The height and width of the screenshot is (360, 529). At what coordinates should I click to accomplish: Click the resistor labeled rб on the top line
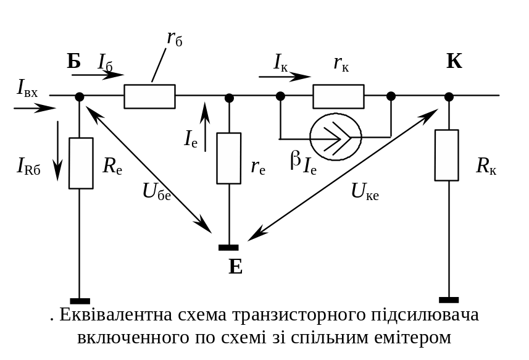(x=149, y=96)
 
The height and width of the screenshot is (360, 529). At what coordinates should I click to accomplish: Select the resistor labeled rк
(x=338, y=96)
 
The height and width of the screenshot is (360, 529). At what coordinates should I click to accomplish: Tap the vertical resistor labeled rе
(x=229, y=158)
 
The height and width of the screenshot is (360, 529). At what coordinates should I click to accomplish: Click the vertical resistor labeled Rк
(x=447, y=155)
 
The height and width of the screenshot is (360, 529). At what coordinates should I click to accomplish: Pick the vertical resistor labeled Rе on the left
(x=81, y=163)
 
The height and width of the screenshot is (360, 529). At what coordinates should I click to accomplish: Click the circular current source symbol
(x=336, y=137)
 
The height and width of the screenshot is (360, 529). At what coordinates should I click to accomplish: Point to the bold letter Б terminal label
(x=74, y=61)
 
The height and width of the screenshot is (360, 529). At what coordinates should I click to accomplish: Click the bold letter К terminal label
(x=454, y=61)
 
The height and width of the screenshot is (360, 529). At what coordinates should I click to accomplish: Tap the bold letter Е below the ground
(x=235, y=267)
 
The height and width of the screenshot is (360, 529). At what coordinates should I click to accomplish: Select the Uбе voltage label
(x=157, y=191)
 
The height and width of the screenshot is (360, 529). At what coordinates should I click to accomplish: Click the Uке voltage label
(x=365, y=191)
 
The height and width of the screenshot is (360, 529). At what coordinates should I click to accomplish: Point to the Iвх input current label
(x=27, y=88)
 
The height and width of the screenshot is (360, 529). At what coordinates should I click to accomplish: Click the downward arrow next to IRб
(x=57, y=151)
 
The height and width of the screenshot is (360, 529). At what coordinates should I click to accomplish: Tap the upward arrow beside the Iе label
(x=205, y=126)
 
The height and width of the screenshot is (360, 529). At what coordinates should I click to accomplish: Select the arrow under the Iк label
(x=285, y=77)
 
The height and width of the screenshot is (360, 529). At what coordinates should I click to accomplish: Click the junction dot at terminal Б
(x=79, y=97)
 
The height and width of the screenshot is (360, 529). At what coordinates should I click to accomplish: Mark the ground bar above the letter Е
(x=228, y=248)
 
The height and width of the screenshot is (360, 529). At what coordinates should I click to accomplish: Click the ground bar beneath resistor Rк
(x=449, y=300)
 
